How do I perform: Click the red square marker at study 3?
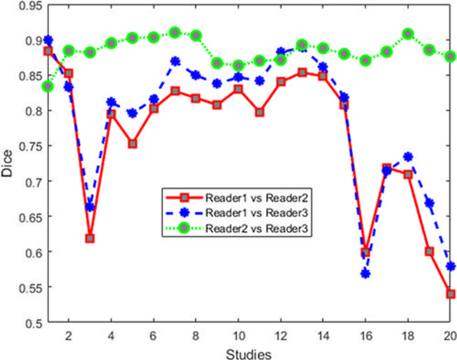pos(90,238)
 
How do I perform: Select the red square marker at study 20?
pos(450,294)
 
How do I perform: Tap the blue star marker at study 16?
pos(366,274)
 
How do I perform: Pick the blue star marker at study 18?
pos(408,157)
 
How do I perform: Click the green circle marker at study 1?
pos(48,86)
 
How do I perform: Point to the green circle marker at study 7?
pos(175,32)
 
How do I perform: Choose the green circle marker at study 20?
pos(450,56)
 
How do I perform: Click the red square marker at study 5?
pos(132,143)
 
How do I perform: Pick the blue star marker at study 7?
pos(175,61)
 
